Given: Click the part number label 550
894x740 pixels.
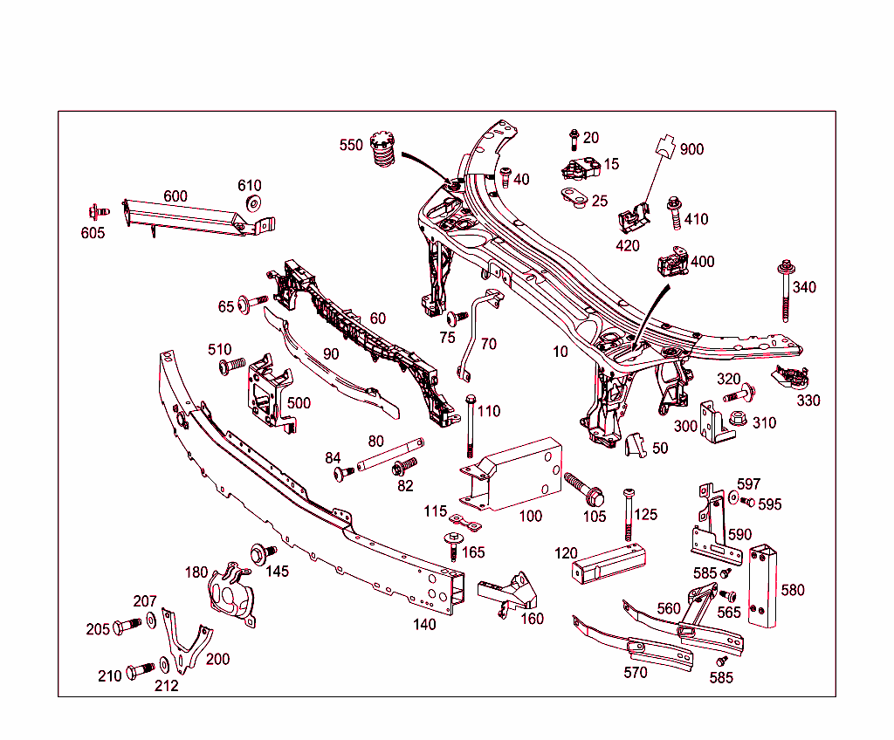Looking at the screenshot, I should pyautogui.click(x=351, y=146).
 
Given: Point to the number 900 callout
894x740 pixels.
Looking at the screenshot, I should pyautogui.click(x=691, y=149).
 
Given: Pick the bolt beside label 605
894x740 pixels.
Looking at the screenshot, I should pyautogui.click(x=97, y=211).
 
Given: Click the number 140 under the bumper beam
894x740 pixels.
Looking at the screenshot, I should pyautogui.click(x=424, y=624).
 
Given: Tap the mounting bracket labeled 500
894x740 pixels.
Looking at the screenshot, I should pyautogui.click(x=269, y=393).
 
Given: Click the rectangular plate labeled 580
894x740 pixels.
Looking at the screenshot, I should pyautogui.click(x=762, y=586).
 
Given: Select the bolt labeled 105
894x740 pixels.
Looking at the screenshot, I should pyautogui.click(x=582, y=489).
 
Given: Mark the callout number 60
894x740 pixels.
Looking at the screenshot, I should pyautogui.click(x=377, y=319).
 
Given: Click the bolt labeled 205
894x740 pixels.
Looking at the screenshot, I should pyautogui.click(x=127, y=626).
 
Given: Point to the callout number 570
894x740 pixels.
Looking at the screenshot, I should pyautogui.click(x=636, y=673).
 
